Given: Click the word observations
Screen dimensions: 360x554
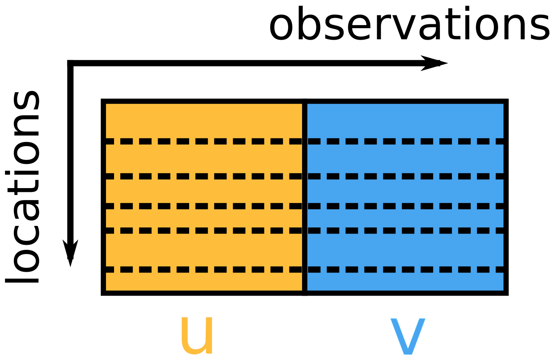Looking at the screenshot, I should (x=409, y=24).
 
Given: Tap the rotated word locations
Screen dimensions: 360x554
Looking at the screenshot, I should (x=24, y=187).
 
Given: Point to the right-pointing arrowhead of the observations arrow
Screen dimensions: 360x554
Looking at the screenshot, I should (x=435, y=63).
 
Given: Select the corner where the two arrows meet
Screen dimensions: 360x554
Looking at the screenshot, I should (x=71, y=63).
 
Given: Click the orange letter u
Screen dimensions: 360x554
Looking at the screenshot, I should (x=196, y=335).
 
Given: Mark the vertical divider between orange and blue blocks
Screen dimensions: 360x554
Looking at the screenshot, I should (x=305, y=197).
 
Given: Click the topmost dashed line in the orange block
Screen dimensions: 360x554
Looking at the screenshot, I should (x=204, y=141).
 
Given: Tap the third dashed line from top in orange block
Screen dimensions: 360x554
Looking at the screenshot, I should (x=204, y=206).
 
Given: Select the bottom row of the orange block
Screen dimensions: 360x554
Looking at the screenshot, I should (x=204, y=282).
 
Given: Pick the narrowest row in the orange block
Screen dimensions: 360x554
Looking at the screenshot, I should (x=204, y=219).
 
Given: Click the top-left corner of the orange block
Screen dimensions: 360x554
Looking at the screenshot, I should (x=103, y=101).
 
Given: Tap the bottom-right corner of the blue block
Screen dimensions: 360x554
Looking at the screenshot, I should (x=506, y=293).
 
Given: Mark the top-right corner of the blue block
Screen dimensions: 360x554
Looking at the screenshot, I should (x=506, y=101).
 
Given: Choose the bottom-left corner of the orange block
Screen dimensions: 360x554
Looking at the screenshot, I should (x=103, y=293).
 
